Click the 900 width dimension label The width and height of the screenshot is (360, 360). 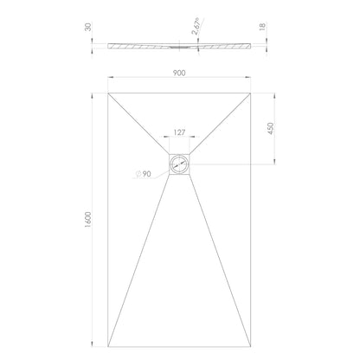[179, 73]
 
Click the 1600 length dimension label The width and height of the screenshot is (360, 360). [88, 220]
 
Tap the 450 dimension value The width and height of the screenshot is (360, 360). [270, 128]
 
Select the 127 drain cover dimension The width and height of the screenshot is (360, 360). [179, 132]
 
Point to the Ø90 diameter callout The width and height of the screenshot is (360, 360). [144, 174]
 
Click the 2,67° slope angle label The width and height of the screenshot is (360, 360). [196, 27]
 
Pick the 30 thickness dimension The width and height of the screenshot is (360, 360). [88, 27]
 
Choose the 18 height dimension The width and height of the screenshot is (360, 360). [262, 27]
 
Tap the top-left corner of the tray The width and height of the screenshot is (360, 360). [108, 93]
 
